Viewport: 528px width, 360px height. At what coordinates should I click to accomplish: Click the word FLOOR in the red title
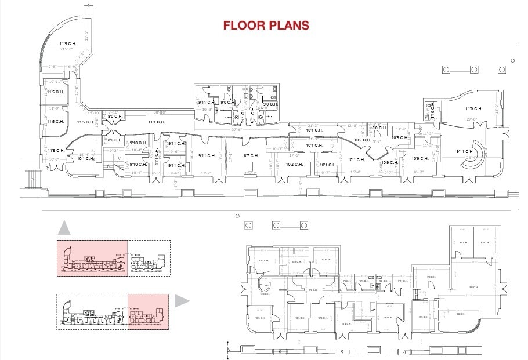[x=243, y=26]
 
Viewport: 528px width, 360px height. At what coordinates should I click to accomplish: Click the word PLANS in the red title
[x=287, y=26]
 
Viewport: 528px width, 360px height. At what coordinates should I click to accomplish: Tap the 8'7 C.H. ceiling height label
[x=251, y=155]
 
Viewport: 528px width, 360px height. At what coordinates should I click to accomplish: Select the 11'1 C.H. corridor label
[x=156, y=122]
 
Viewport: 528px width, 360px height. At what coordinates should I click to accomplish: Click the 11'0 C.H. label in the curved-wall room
[x=473, y=109]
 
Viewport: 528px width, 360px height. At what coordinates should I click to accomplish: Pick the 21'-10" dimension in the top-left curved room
[x=68, y=49]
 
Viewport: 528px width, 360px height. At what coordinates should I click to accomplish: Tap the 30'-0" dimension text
[x=160, y=112]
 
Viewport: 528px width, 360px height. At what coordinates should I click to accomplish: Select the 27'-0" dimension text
[x=472, y=119]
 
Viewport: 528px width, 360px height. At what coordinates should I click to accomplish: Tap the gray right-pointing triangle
[x=183, y=300]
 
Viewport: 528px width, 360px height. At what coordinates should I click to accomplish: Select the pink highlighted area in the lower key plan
[x=148, y=311]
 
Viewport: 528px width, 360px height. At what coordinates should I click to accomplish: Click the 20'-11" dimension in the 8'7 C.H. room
[x=250, y=173]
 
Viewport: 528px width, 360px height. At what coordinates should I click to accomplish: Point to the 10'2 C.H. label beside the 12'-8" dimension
[x=363, y=140]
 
